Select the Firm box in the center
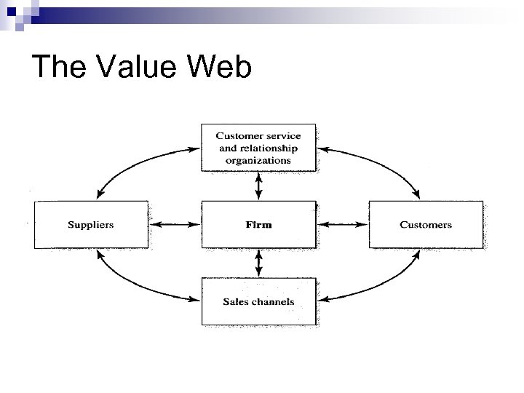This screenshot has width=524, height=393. [x=258, y=225]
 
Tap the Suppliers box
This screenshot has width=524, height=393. [x=90, y=225]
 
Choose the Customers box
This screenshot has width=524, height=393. [x=426, y=225]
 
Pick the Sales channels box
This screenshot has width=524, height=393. [x=258, y=301]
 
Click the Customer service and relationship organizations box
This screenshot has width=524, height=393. [x=258, y=148]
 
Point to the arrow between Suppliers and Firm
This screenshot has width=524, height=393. [x=174, y=225]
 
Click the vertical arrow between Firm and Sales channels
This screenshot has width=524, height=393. [x=259, y=263]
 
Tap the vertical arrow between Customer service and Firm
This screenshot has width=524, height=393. [x=259, y=186]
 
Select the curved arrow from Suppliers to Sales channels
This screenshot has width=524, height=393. [x=138, y=284]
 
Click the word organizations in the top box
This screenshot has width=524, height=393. [x=258, y=160]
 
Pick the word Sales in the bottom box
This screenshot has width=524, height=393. [x=235, y=301]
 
